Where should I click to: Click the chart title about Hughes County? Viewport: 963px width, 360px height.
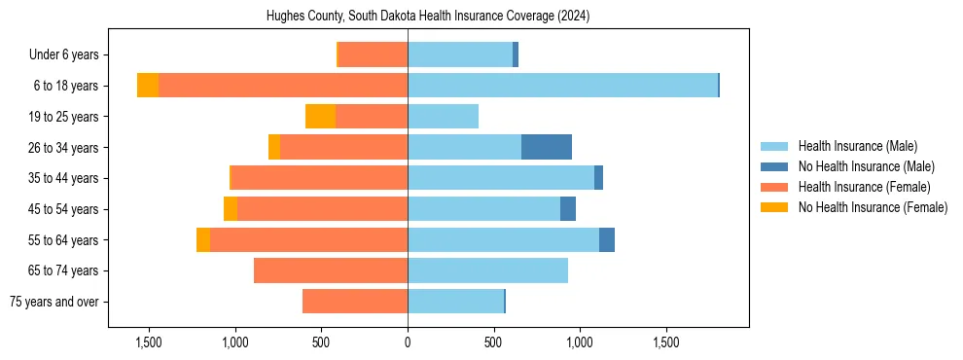point(428,17)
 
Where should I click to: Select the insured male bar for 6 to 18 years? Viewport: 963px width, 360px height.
point(562,86)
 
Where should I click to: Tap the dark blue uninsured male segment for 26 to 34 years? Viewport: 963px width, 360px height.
point(547,147)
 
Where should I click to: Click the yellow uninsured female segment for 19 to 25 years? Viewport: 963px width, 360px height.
point(320,117)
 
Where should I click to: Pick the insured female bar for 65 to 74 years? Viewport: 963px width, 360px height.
point(331,270)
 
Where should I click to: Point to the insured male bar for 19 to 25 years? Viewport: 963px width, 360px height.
point(443,117)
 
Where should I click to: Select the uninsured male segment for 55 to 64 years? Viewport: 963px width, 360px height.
point(607,239)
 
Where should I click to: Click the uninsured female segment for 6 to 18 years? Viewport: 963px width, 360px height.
point(148,86)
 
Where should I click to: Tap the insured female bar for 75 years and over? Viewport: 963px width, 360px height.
point(355,302)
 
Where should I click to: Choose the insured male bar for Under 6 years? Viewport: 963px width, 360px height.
point(460,55)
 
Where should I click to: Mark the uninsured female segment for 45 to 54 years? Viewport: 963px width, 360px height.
point(231,209)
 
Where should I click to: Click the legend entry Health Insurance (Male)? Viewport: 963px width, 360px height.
point(857,146)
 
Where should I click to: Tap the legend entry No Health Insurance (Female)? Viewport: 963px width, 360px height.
point(873,207)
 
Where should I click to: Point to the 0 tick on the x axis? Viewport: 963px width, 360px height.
point(408,342)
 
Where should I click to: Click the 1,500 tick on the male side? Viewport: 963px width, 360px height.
point(666,342)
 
